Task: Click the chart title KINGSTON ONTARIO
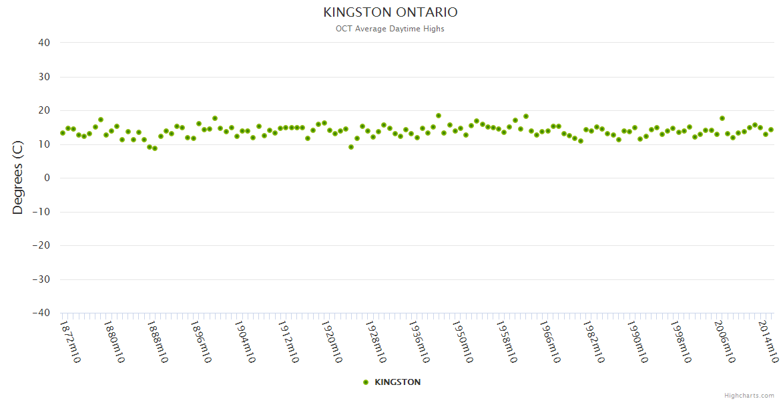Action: pyautogui.click(x=390, y=12)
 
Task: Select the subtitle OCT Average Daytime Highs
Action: pyautogui.click(x=390, y=29)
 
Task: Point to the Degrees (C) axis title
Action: pyautogui.click(x=18, y=178)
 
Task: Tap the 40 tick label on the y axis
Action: pyautogui.click(x=45, y=43)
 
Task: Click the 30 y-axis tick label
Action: pyautogui.click(x=45, y=77)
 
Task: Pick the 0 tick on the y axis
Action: pyautogui.click(x=47, y=178)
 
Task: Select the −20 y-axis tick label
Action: pyautogui.click(x=41, y=245)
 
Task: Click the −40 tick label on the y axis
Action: pyautogui.click(x=41, y=313)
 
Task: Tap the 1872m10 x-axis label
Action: pyautogui.click(x=69, y=342)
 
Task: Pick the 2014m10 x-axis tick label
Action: pyautogui.click(x=767, y=342)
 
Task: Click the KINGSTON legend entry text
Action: pyautogui.click(x=398, y=382)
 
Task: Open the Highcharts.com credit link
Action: pyautogui.click(x=749, y=395)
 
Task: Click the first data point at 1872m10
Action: pyautogui.click(x=63, y=133)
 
